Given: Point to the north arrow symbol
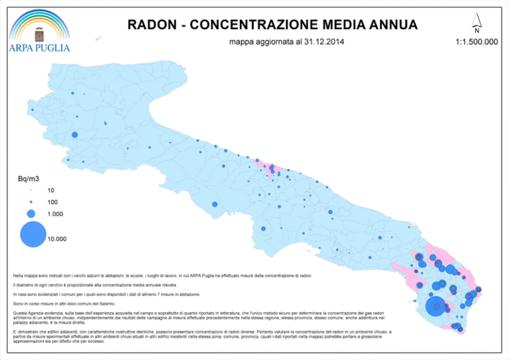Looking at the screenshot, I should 477,21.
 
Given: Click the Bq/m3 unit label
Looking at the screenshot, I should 30,178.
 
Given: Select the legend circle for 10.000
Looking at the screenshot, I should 32,234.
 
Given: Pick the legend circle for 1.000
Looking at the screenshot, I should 31,213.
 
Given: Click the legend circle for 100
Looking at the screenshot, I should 31,201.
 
